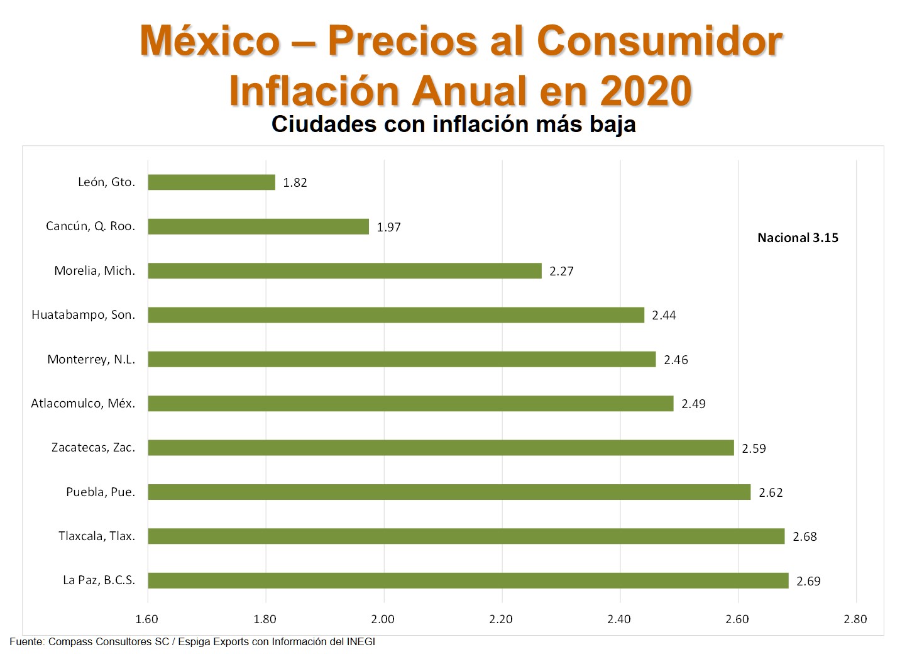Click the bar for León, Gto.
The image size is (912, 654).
(x=211, y=182)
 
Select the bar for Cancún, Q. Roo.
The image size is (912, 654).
(x=258, y=226)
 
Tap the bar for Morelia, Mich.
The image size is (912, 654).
(x=344, y=271)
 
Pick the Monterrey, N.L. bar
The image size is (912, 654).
(x=402, y=360)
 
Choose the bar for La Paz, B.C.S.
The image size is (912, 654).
(x=468, y=581)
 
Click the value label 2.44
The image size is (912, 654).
(x=664, y=316)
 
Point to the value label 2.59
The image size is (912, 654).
(x=754, y=448)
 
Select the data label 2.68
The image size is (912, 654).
(x=805, y=537)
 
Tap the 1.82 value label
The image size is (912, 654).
(x=295, y=183)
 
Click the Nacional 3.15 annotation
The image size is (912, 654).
(x=798, y=238)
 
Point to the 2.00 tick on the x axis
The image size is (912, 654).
(x=383, y=619)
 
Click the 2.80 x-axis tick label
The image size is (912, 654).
(x=855, y=619)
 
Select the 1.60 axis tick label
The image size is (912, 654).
(x=147, y=619)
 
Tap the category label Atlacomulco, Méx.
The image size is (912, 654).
(x=83, y=404)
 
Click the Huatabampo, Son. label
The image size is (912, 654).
(x=83, y=315)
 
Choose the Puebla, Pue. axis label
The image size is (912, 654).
(x=101, y=492)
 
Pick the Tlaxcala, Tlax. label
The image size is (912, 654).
(x=97, y=536)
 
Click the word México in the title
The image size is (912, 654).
(x=210, y=41)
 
